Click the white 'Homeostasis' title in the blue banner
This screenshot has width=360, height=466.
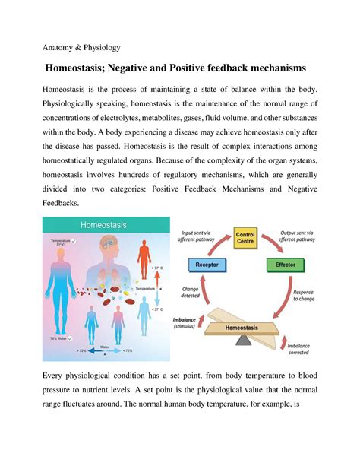click(x=104, y=225)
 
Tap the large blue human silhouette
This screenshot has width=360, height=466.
click(x=63, y=293)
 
